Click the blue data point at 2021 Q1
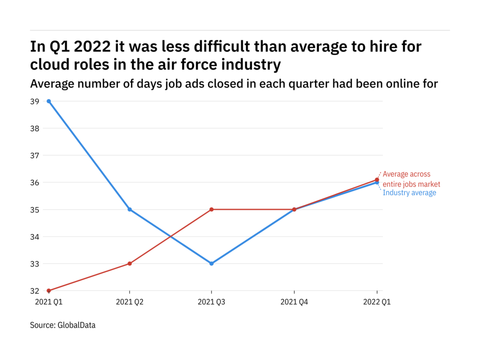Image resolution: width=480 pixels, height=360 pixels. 49,101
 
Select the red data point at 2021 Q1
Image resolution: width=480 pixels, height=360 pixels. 49,291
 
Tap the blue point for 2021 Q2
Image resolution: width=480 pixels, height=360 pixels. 129,210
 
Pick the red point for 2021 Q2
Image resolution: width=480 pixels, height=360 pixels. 129,264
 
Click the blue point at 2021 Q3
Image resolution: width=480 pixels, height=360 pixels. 211,264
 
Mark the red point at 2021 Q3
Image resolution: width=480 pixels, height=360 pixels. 211,210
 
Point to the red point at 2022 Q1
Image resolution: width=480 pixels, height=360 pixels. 377,180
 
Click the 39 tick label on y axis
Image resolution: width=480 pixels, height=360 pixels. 35,101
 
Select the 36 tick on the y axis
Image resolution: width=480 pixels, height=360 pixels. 35,183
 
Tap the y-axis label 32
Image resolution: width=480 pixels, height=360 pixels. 35,291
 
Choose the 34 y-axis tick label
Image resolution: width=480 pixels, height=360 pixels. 35,237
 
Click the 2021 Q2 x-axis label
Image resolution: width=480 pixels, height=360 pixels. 129,302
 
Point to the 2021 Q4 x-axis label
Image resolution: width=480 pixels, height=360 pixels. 295,302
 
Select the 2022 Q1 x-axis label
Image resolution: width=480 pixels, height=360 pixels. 377,302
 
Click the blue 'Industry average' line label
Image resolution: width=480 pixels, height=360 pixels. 409,193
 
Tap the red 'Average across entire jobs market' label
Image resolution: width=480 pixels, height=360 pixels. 411,179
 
